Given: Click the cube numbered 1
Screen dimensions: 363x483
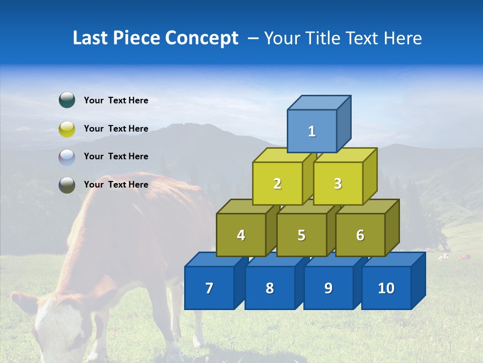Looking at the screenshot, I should (312, 131).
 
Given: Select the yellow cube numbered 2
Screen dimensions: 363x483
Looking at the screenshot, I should (277, 184).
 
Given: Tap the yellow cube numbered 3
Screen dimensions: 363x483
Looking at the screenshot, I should (338, 184).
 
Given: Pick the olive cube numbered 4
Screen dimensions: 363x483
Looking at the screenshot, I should (241, 235).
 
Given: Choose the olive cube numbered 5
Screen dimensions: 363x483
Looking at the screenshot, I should (301, 235).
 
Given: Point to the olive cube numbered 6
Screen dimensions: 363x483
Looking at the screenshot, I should (360, 235).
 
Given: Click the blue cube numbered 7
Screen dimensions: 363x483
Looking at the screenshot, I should (209, 288).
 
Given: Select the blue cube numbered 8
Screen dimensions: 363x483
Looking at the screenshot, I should (270, 288).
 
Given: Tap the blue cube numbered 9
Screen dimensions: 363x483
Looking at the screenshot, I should (328, 288).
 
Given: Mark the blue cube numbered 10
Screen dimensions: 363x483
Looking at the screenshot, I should (386, 288).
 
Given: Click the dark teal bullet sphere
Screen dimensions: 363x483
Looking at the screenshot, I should (67, 100).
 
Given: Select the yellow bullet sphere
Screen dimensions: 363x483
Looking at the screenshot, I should (67, 129).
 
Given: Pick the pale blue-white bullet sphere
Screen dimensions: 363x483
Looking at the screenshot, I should (67, 157).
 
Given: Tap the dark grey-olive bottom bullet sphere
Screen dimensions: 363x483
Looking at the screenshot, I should (67, 185).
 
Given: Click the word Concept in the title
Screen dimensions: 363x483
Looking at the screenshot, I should (201, 38).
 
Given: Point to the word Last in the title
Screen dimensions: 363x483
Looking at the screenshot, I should (91, 38).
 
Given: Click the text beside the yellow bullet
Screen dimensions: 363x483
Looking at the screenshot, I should (116, 129).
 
